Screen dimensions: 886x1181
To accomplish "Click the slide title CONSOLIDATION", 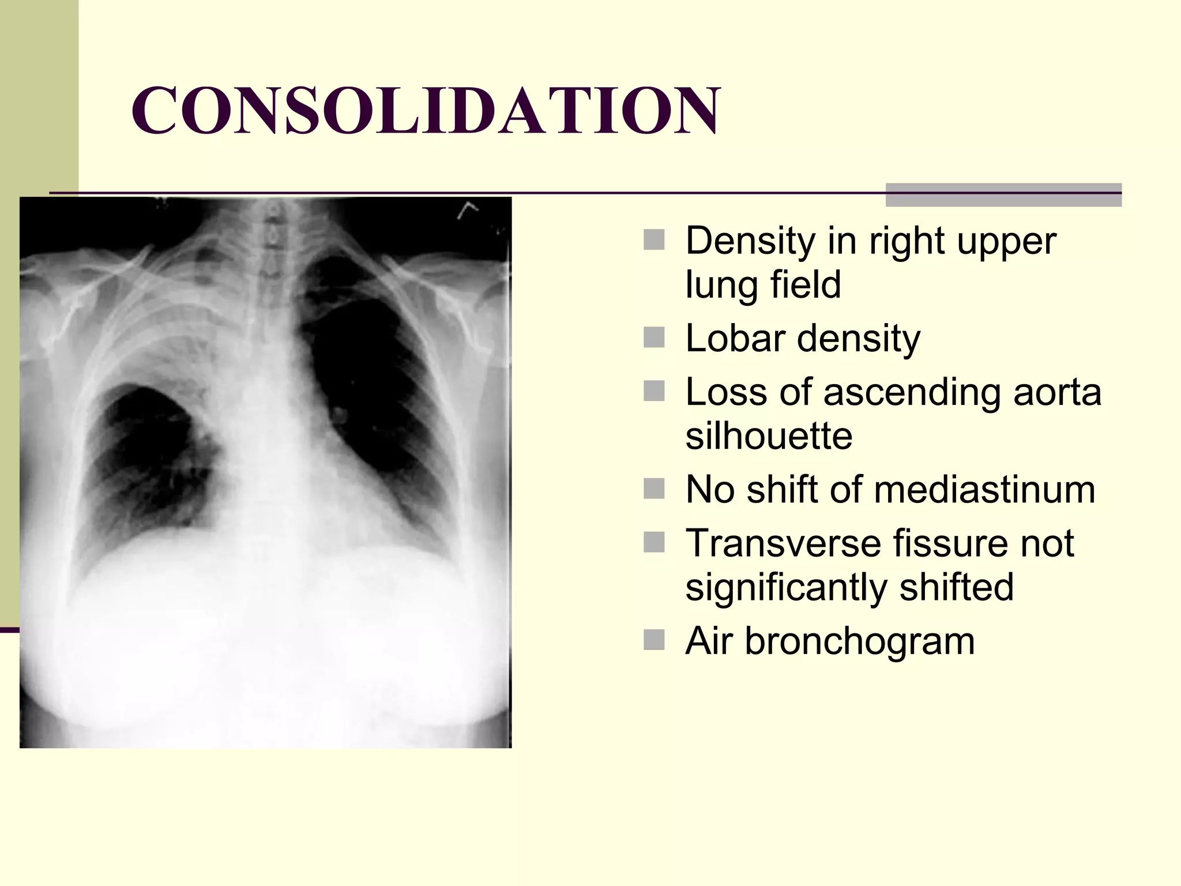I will pyautogui.click(x=426, y=110).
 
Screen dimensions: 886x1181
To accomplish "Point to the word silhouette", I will pyautogui.click(x=769, y=436).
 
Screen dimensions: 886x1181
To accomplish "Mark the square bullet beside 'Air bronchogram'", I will pyautogui.click(x=654, y=640).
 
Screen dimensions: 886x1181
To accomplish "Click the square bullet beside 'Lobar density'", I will pyautogui.click(x=654, y=337).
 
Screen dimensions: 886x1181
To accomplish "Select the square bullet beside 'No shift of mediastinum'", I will pyautogui.click(x=654, y=489).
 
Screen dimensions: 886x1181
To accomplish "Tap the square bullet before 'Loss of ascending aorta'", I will pyautogui.click(x=654, y=392).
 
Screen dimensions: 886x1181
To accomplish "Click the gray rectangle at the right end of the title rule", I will pyautogui.click(x=1003, y=195).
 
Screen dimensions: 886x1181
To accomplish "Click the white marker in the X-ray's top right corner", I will pyautogui.click(x=467, y=211).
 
